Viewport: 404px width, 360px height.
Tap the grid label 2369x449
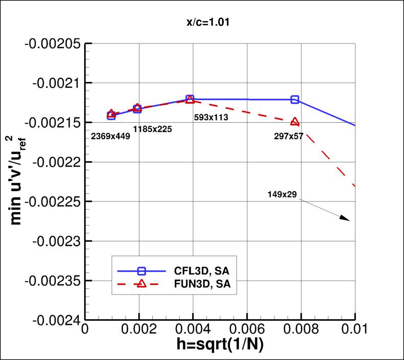[x=110, y=137]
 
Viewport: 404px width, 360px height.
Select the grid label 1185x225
[x=152, y=129]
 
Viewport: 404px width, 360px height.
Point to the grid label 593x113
[x=211, y=117]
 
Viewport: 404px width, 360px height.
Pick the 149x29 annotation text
[x=282, y=194]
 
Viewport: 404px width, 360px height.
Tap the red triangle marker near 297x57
[x=295, y=122]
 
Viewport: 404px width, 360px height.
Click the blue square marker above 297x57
[x=295, y=99]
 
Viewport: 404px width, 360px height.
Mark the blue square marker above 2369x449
[x=111, y=116]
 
